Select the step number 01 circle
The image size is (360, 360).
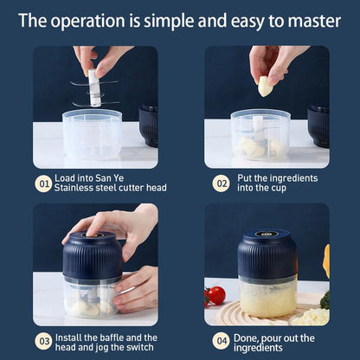(42, 183)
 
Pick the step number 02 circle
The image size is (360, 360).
(221, 183)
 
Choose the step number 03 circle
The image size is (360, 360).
(42, 342)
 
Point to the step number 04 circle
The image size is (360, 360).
(221, 342)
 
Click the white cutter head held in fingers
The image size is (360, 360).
(93, 87)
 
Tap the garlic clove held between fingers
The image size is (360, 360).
(265, 85)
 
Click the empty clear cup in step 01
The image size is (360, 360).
(92, 134)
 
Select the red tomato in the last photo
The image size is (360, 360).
(216, 294)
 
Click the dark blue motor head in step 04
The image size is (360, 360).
(267, 254)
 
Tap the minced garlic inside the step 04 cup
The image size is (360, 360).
(267, 299)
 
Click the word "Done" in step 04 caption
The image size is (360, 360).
(250, 337)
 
